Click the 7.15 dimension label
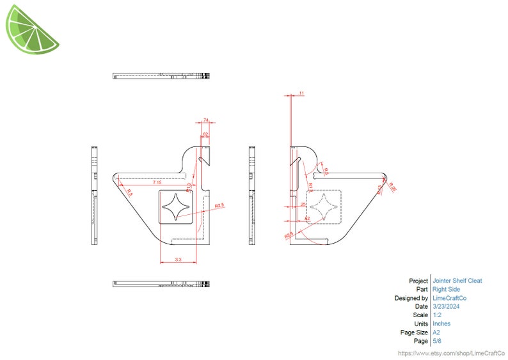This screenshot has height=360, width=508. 157,183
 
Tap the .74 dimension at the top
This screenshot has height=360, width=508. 206,120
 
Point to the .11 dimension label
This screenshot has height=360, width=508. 301,94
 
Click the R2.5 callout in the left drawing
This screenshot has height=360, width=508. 220,205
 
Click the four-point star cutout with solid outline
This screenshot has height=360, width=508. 177,207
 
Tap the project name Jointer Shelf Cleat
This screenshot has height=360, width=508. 457,281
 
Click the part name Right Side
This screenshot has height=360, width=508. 446,290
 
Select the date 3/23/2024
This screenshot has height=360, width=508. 446,306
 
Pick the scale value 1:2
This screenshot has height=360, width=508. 438,315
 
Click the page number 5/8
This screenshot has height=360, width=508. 437,341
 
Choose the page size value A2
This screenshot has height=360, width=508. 436,333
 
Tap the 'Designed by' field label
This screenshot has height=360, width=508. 411,298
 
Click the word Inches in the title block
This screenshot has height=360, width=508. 441,324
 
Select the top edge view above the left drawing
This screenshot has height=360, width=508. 161,75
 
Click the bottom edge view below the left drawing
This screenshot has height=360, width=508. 161,283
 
